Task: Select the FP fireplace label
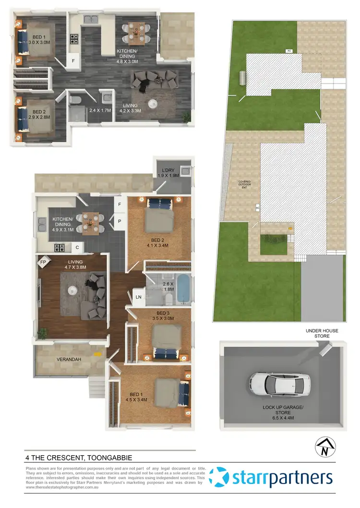coord(43,263)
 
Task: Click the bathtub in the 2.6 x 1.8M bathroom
coord(183,290)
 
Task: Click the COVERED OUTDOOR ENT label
coord(245,185)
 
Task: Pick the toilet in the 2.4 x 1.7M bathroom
coord(75,100)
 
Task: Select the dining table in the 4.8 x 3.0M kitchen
coord(136,33)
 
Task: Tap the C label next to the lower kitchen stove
coord(77,248)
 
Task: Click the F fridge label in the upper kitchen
coord(73,61)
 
